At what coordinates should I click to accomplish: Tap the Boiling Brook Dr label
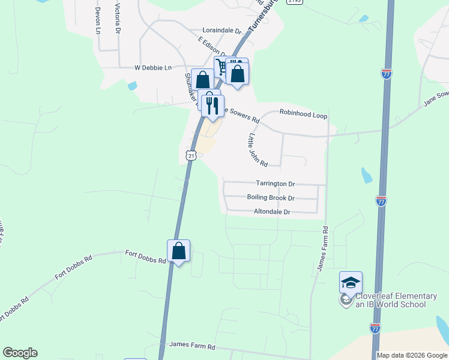click(271, 197)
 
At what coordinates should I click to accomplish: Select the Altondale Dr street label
click(272, 212)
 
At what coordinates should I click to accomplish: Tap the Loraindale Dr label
click(221, 30)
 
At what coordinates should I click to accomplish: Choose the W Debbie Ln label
click(152, 68)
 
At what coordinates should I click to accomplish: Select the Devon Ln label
click(97, 21)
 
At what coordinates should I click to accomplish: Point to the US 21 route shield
click(191, 155)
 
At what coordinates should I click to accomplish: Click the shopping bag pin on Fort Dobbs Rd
click(179, 251)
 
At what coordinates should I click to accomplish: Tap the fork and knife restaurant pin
click(212, 106)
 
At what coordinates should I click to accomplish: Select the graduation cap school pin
click(351, 282)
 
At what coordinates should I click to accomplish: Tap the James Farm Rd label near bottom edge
click(192, 344)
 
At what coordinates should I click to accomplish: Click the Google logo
click(20, 353)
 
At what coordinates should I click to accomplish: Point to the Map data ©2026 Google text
click(411, 355)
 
